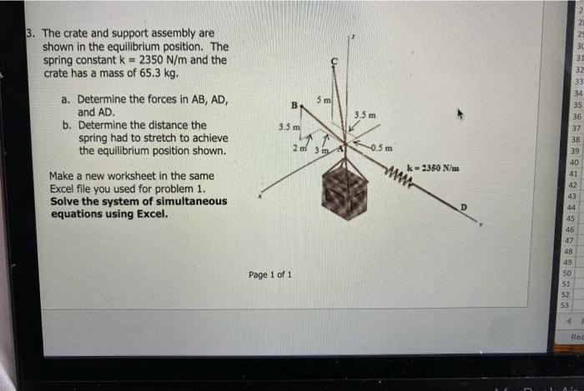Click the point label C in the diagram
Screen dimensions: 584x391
pos(334,60)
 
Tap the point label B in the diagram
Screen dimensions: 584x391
pos(293,106)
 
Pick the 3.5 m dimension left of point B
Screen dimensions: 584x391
pos(289,128)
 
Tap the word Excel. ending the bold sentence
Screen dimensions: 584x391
pos(151,213)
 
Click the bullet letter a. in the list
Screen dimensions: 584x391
pos(66,100)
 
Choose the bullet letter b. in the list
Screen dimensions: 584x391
pos(66,125)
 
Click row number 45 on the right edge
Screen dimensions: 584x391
pos(571,218)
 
